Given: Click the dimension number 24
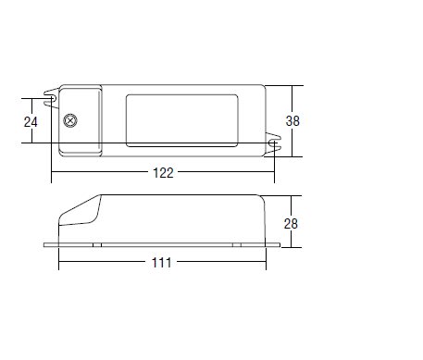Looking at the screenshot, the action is click(31, 122).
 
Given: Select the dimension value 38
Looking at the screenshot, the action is click(292, 120).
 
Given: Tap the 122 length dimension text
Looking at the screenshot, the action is click(163, 173).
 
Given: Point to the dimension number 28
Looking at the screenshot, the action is click(291, 224).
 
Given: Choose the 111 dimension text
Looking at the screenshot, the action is click(161, 263).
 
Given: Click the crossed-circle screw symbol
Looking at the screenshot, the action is click(70, 120).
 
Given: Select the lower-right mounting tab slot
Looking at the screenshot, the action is click(273, 143).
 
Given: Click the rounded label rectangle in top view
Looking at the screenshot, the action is click(182, 120).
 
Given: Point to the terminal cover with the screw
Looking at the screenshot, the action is click(81, 121).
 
